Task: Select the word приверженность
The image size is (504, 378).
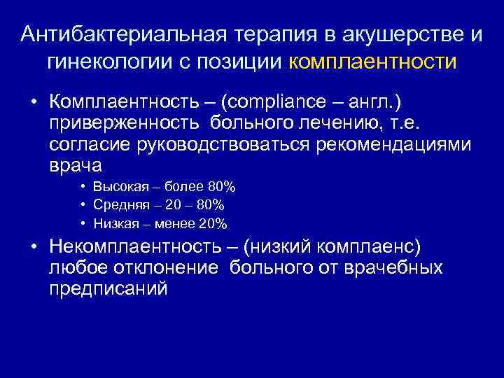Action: [115, 124]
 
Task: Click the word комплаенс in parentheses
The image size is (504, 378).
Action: [377, 248]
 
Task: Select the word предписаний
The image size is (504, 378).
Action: [108, 290]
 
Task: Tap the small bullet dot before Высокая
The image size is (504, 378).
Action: [83, 187]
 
